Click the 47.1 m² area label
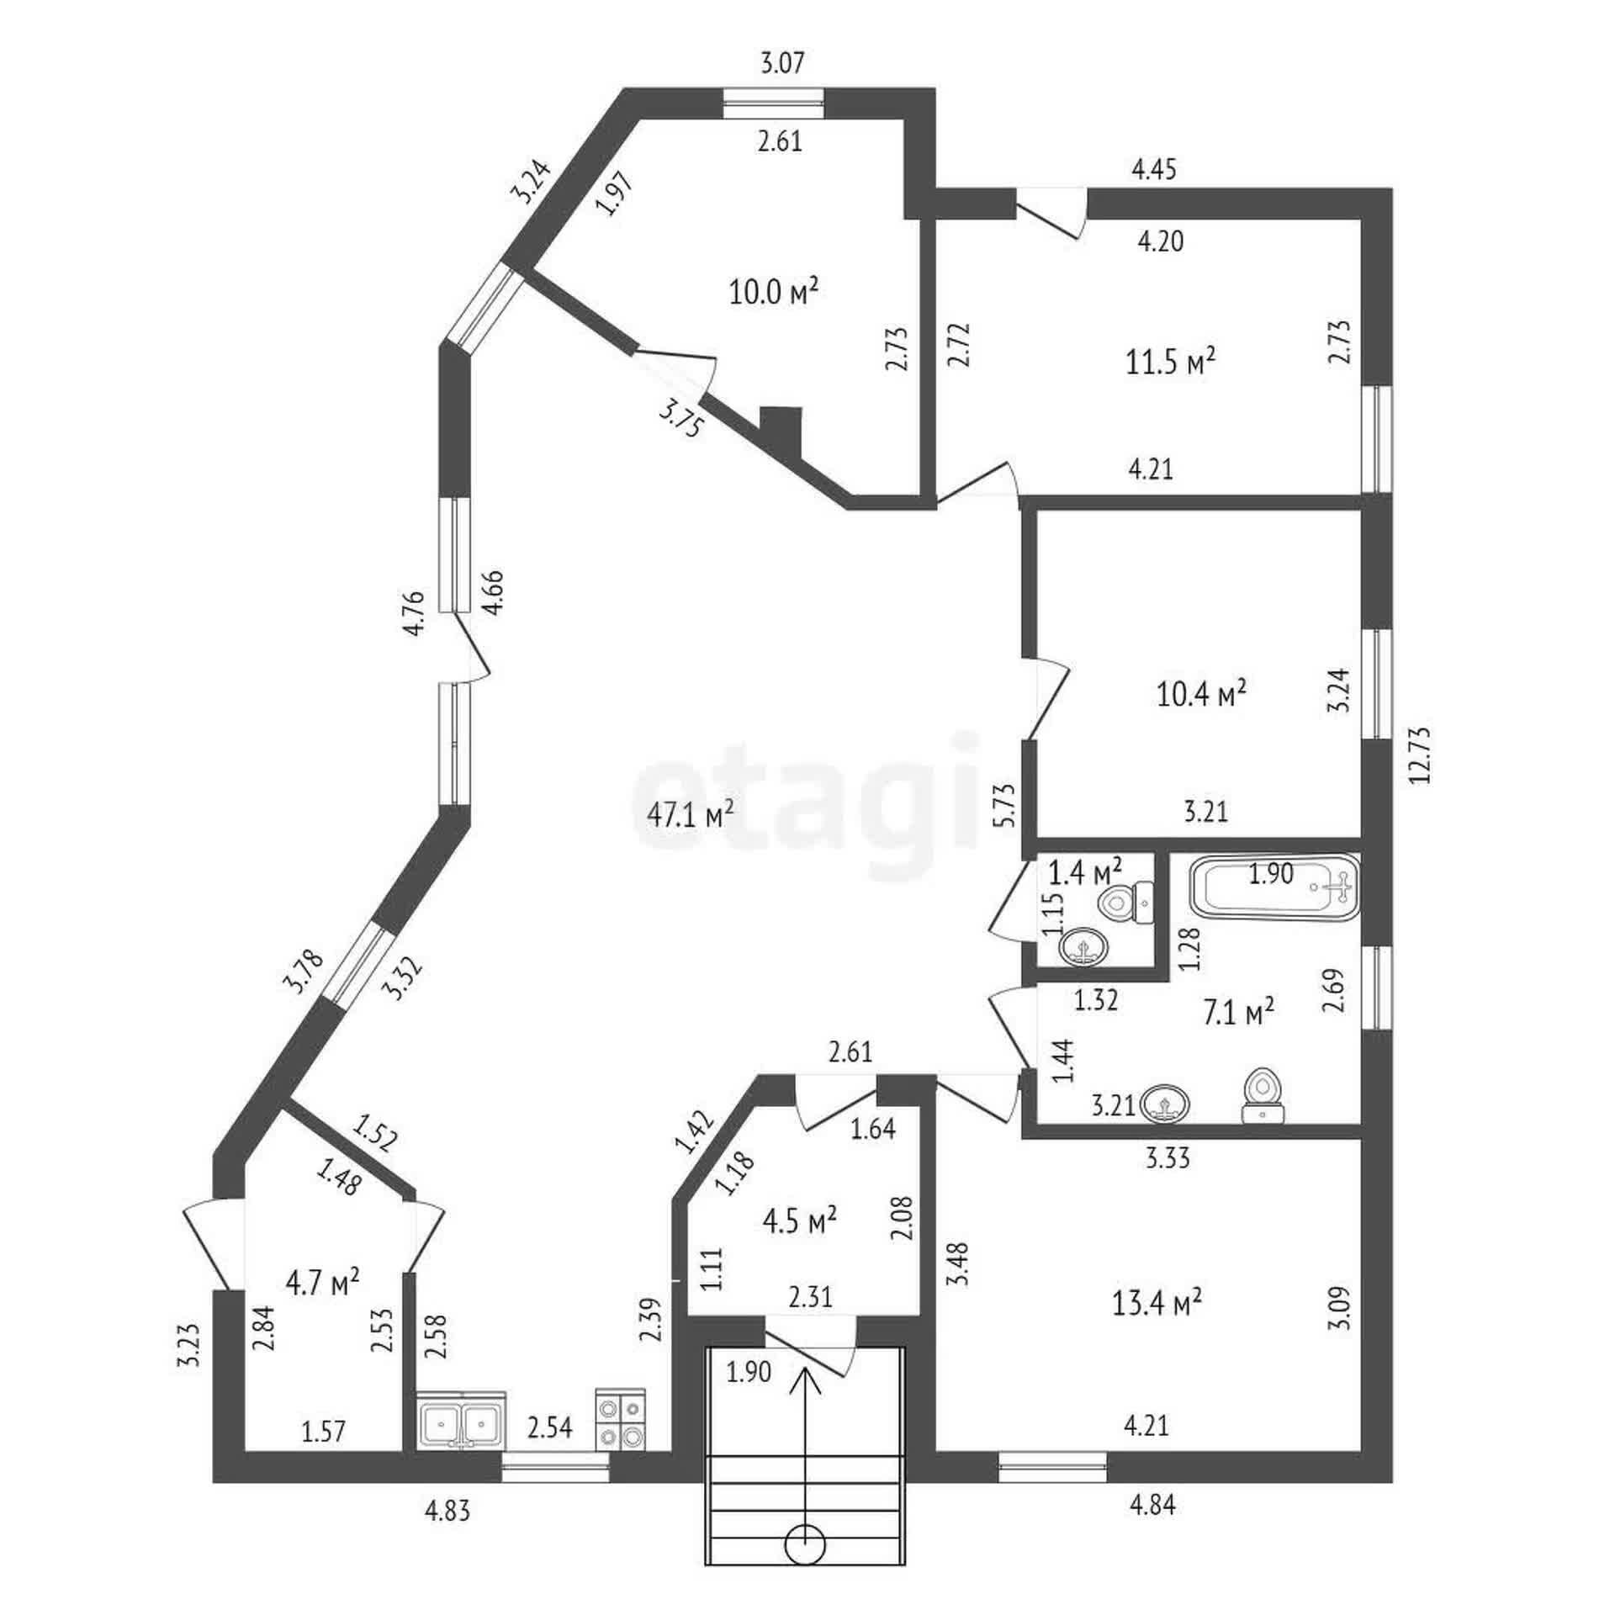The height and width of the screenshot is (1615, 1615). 691,813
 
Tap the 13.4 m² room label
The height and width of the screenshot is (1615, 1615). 1157,1303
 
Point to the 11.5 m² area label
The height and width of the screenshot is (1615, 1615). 1170,362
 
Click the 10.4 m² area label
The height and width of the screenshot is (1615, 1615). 1202,695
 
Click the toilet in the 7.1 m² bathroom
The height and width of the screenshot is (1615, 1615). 1263,1094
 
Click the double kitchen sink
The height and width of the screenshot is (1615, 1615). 462,1422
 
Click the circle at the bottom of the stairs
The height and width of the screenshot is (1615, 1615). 806,1544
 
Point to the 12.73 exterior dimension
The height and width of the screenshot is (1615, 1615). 1421,755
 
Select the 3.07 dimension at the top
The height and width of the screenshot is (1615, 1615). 782,63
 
